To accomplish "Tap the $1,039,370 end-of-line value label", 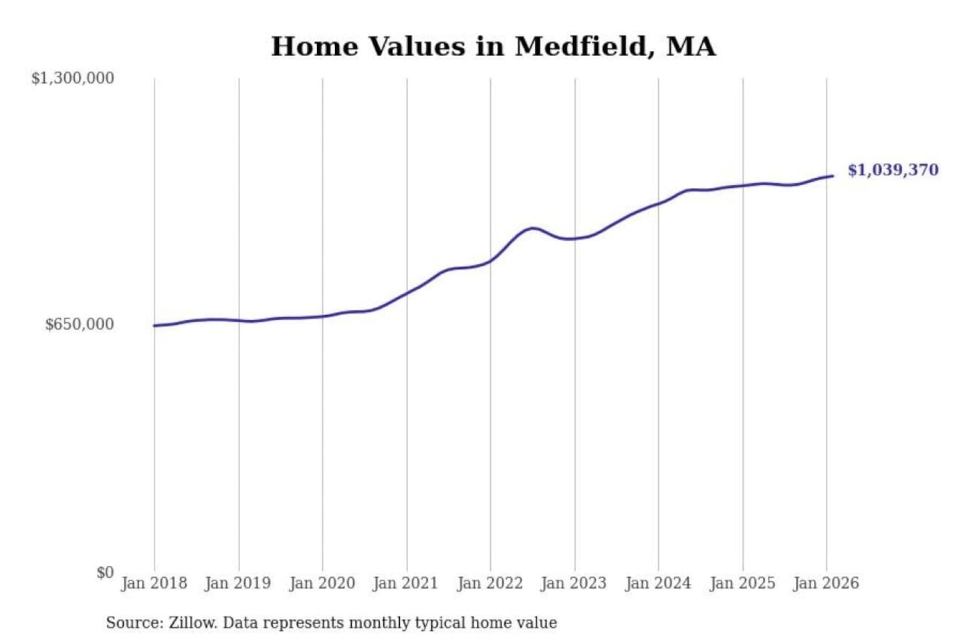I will [893, 170].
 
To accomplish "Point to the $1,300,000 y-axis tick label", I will [73, 78].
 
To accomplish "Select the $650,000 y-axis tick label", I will [80, 324].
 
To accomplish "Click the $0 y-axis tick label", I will [105, 572].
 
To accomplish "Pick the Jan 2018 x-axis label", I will [154, 583].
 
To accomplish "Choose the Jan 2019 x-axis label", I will [238, 583].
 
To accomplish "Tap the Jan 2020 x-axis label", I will [322, 583].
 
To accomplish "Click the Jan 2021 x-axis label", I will [405, 583].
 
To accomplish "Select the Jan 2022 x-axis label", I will [490, 583].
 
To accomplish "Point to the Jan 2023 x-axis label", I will [574, 583].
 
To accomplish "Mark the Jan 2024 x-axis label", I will [658, 583].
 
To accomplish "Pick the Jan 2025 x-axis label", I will [742, 583].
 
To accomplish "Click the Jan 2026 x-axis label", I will [826, 583].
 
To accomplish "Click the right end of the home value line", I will [833, 176].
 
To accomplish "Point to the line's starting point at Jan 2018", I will [154, 326].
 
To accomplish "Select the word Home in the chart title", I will [313, 47].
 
